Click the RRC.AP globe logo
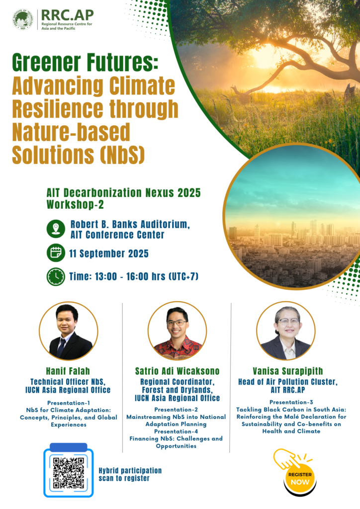point(23,19)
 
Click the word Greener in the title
point(46,62)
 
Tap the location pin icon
point(56,229)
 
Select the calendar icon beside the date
point(56,253)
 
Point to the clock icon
point(56,276)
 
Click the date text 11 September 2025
point(109,254)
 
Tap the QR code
point(69,473)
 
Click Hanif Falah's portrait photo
point(69,331)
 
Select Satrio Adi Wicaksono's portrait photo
point(177,331)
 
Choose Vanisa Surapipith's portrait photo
point(286,331)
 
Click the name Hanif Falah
point(68,371)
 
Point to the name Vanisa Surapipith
point(288,371)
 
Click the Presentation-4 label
point(176,431)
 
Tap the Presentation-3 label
point(291,402)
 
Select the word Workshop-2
point(75,204)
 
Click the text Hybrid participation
point(130,471)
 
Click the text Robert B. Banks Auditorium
point(130,224)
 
